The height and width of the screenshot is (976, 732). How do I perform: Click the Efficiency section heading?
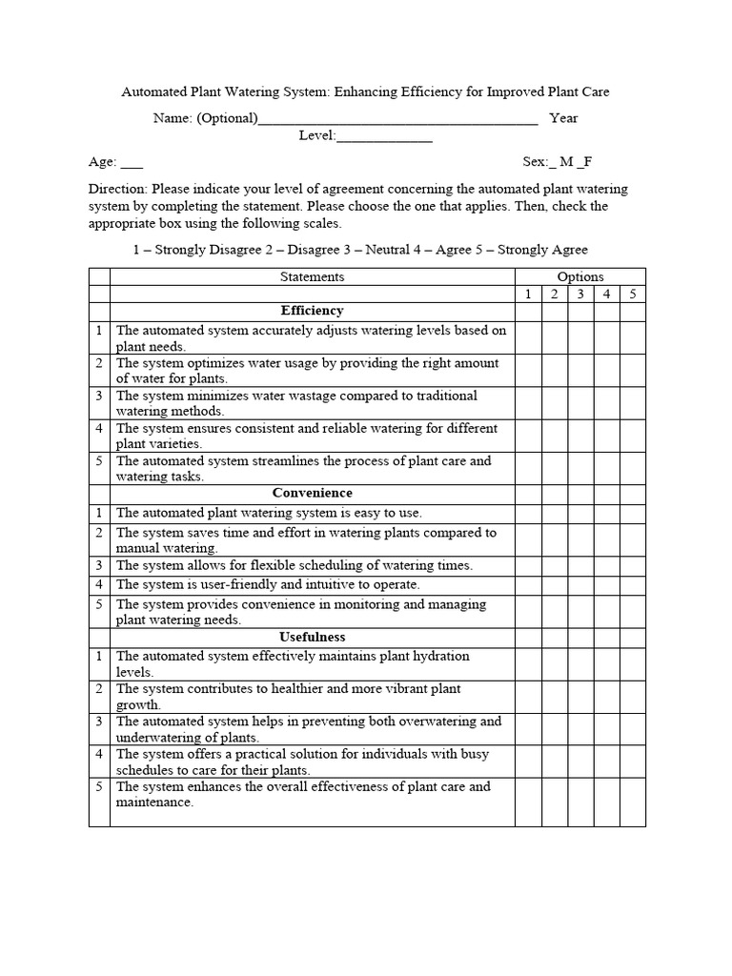click(312, 311)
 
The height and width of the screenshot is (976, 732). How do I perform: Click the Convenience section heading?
click(312, 493)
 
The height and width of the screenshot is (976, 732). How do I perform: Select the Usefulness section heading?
click(312, 637)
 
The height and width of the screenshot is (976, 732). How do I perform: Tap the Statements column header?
click(312, 276)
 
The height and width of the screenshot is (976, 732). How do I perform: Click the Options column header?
click(579, 276)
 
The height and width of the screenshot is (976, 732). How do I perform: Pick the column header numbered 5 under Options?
click(632, 294)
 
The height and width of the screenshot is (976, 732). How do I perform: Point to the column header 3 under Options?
click(580, 294)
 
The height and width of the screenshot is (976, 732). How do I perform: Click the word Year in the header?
click(563, 119)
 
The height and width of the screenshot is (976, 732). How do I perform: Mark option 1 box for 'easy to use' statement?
click(528, 513)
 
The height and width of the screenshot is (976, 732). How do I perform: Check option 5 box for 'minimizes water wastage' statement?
click(632, 403)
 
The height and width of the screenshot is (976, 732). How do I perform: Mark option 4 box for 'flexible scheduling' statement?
click(606, 565)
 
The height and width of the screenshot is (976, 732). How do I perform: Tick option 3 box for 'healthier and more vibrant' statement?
click(580, 696)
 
